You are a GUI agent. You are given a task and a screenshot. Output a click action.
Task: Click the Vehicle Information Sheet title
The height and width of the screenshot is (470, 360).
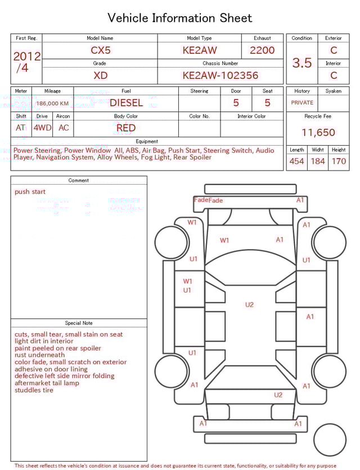click(180, 18)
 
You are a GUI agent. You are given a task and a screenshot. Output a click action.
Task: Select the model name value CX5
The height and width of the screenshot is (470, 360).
click(101, 50)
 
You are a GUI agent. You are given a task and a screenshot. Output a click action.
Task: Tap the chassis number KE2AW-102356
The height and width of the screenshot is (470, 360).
click(220, 75)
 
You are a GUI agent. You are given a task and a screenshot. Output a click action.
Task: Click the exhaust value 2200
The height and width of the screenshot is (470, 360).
click(262, 50)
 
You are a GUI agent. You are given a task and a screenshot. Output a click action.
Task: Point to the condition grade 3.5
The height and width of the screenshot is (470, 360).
click(302, 63)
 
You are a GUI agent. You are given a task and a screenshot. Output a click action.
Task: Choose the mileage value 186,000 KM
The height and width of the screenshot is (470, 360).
click(52, 104)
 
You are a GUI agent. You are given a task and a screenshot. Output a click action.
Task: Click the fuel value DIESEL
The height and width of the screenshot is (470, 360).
click(126, 103)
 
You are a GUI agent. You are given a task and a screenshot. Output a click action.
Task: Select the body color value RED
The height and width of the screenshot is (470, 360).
click(126, 128)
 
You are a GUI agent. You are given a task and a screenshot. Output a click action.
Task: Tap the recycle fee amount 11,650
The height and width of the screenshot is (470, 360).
click(318, 133)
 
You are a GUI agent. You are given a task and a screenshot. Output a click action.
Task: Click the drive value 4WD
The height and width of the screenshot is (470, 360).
click(42, 128)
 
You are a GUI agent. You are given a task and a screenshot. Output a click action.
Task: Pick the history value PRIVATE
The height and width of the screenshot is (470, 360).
click(302, 103)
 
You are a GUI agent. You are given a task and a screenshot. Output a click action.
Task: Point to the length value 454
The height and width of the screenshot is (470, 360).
click(296, 162)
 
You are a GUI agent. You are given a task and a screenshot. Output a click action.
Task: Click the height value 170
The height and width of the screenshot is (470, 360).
click(339, 162)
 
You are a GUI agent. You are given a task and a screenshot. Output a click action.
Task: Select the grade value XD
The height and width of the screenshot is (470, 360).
click(101, 75)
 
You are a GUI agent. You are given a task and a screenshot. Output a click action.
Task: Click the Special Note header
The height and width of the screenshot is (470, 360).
click(79, 323)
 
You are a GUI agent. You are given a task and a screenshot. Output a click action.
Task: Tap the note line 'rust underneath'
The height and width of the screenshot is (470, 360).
click(40, 355)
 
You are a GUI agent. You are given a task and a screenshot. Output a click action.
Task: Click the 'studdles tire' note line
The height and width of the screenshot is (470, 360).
click(34, 390)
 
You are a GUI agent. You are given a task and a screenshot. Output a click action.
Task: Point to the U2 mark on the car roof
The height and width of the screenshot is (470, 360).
click(249, 305)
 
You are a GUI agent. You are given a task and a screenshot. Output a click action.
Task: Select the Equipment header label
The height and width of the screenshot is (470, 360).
click(147, 141)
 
